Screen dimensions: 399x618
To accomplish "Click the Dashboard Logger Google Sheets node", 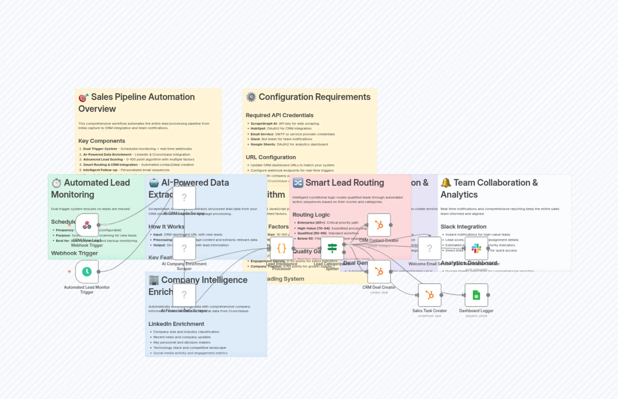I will (x=476, y=295).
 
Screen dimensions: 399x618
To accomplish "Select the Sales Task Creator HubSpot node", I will (x=430, y=295).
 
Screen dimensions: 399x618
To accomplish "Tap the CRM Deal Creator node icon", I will (x=379, y=272).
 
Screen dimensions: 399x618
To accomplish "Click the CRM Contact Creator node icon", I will (x=379, y=225).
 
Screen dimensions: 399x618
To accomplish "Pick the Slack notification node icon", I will (x=476, y=248).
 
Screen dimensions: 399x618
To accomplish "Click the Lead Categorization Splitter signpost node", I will (x=332, y=248).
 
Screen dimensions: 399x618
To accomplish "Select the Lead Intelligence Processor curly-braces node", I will (x=282, y=248).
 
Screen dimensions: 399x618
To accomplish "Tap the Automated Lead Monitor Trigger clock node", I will (x=87, y=272).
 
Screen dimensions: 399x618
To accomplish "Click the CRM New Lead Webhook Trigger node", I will (x=87, y=225).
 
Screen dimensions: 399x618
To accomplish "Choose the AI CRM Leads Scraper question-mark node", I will (x=184, y=197).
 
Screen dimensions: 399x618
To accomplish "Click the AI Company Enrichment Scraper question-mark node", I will (x=184, y=248).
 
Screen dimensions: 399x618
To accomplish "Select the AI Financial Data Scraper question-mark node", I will (x=184, y=295).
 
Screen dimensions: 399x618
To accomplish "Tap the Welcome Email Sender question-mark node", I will (x=430, y=248).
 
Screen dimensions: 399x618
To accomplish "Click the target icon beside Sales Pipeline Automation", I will (x=83, y=97).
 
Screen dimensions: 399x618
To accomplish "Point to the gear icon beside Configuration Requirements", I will (x=251, y=97).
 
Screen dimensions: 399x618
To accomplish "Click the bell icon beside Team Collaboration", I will (x=446, y=183).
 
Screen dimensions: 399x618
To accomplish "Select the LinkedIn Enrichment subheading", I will (x=176, y=324).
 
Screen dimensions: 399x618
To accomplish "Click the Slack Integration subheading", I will (x=463, y=227).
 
